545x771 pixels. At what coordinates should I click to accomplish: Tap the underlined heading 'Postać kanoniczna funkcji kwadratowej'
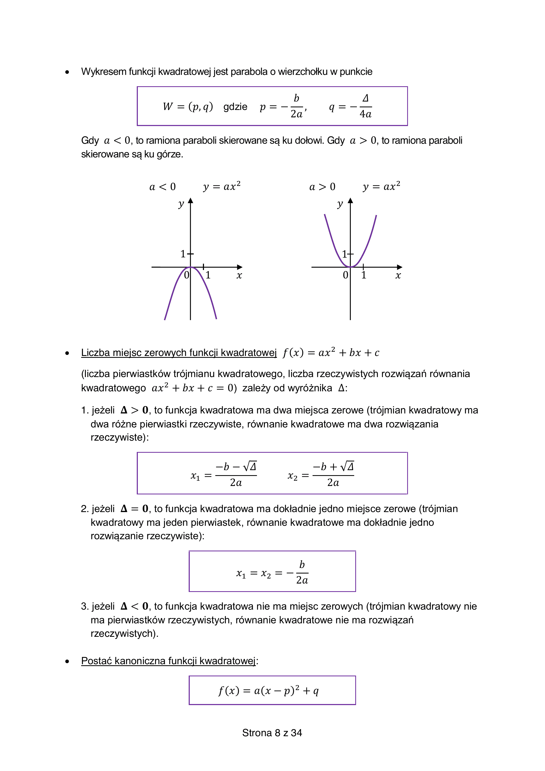click(x=168, y=661)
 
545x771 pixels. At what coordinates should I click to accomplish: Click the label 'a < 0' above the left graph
click(x=162, y=187)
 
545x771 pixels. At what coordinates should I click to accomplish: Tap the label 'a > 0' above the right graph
click(x=322, y=187)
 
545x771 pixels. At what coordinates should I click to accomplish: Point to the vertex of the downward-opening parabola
click(x=190, y=267)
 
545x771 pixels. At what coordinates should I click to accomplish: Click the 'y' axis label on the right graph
click(x=340, y=204)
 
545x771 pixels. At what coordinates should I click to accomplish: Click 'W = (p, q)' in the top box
click(x=188, y=107)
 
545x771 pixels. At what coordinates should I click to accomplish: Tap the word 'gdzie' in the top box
click(x=235, y=107)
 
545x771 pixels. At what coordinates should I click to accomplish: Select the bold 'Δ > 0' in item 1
click(x=134, y=410)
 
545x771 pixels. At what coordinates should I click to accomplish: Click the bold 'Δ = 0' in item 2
click(x=134, y=509)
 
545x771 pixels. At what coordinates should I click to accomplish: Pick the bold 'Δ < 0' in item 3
click(x=134, y=606)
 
